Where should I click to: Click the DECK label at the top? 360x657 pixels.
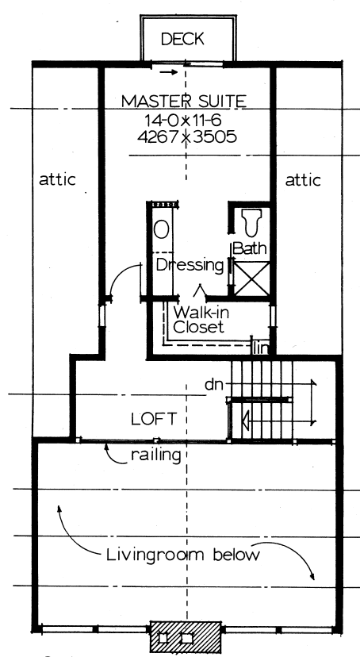coord(183,39)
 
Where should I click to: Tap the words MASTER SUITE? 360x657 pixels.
coord(184,101)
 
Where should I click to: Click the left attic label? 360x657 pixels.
coord(57,180)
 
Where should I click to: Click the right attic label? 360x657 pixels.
coord(302,180)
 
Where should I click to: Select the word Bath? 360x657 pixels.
coord(250,248)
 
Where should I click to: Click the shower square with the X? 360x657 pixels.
coord(248,278)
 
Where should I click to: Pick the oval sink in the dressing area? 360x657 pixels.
coord(161,230)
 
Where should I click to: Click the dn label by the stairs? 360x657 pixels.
coord(212,385)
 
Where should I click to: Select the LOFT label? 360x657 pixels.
coord(154,417)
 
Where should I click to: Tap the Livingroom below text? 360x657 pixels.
coord(183,555)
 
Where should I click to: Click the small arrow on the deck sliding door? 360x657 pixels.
coord(167,73)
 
